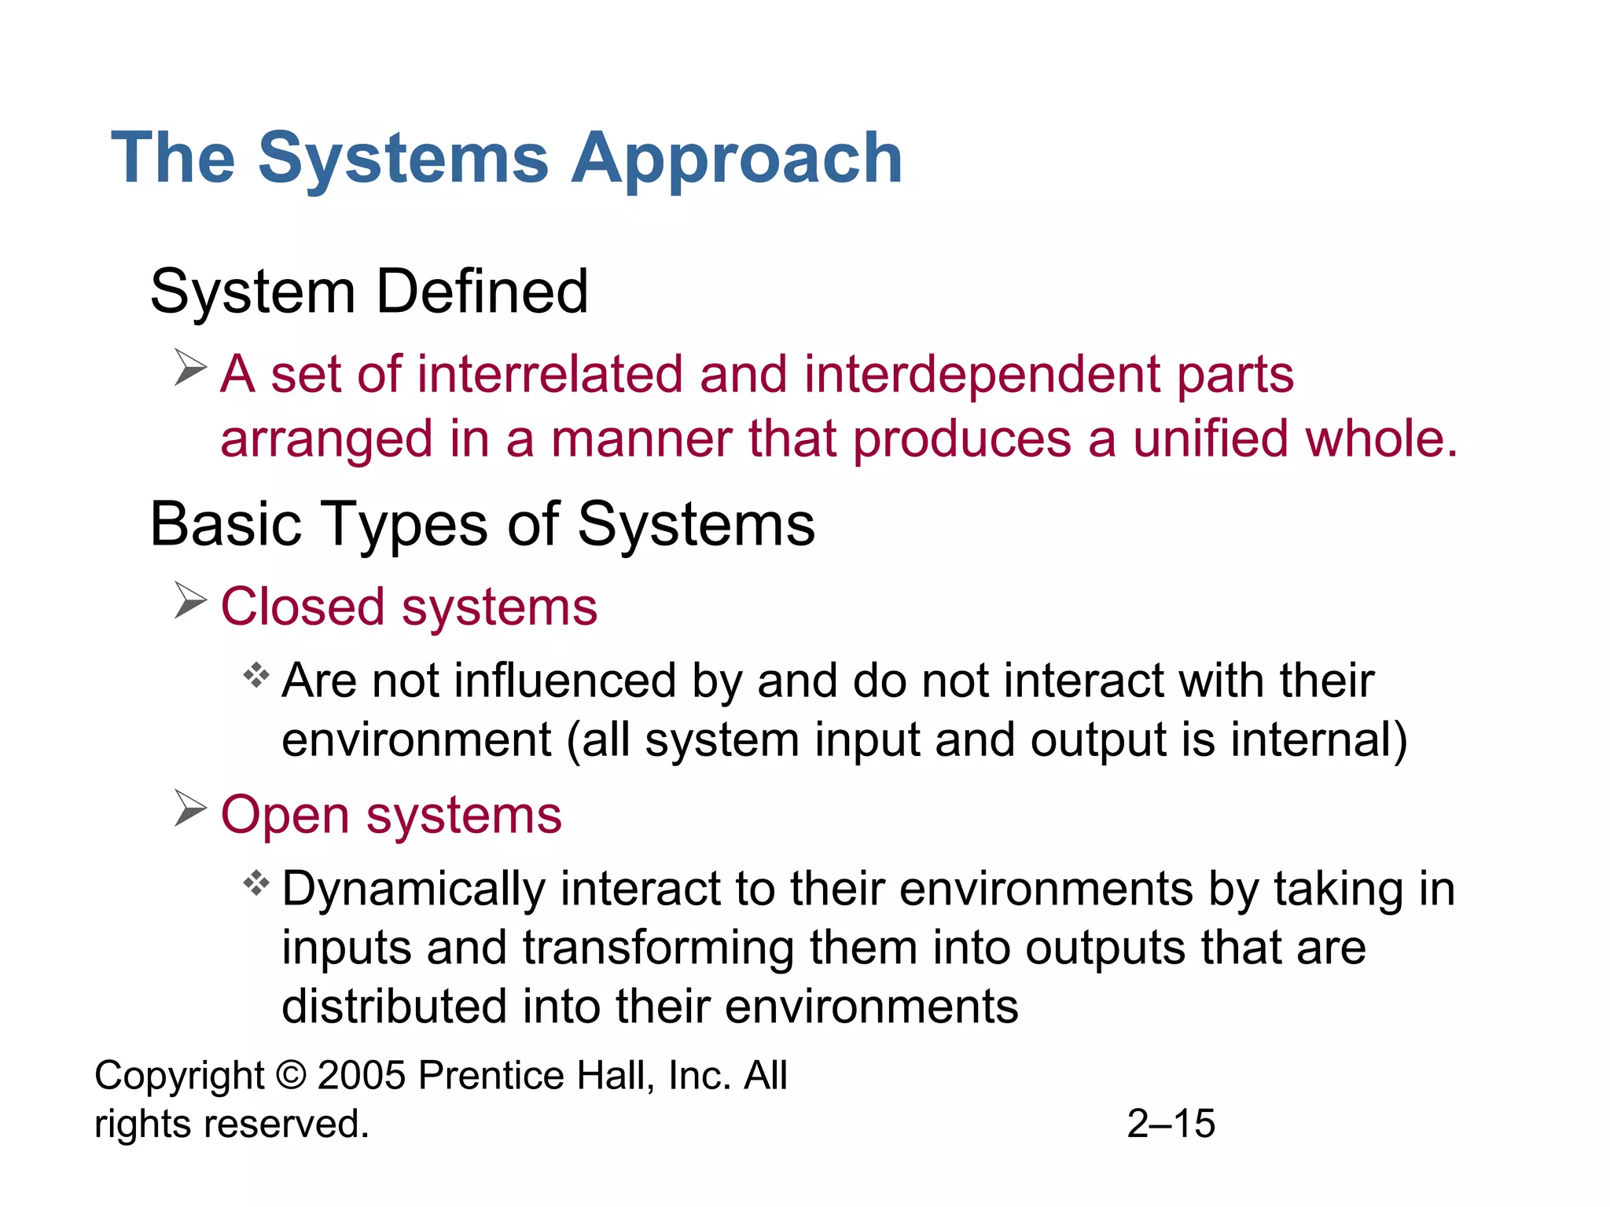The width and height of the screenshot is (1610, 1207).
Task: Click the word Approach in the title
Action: click(x=737, y=159)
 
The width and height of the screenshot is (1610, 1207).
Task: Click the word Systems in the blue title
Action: click(x=402, y=159)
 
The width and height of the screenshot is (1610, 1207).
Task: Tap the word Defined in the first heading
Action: click(x=482, y=292)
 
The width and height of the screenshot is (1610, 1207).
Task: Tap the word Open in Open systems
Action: click(x=284, y=815)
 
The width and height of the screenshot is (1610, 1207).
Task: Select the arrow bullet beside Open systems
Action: click(x=190, y=809)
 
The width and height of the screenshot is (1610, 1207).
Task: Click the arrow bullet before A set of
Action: click(x=190, y=368)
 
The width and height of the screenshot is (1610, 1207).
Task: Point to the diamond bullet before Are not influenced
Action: click(x=256, y=675)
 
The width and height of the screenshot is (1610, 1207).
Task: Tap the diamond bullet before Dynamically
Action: click(x=256, y=883)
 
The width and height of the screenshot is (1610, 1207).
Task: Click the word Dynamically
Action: click(x=414, y=890)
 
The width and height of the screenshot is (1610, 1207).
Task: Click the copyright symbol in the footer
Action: click(x=291, y=1076)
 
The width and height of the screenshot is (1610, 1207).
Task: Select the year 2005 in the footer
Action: click(x=362, y=1076)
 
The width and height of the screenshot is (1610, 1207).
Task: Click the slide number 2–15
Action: click(x=1171, y=1124)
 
